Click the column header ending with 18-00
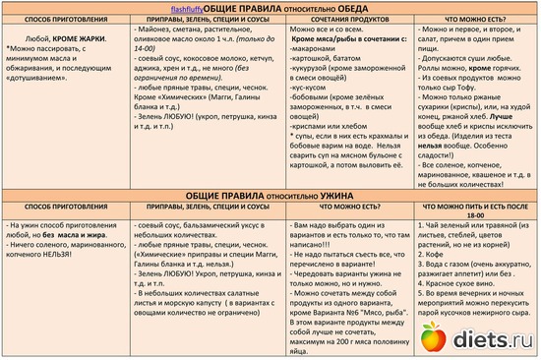point(475,216)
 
